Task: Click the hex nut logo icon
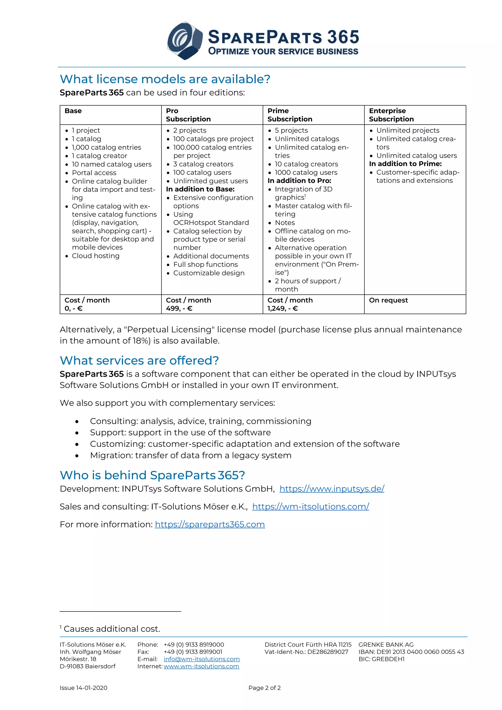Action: (185, 40)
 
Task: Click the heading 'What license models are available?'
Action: (165, 79)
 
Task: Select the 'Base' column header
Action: (73, 111)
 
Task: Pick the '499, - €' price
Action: (179, 308)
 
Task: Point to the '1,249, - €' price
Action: (283, 308)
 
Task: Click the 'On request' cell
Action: (388, 300)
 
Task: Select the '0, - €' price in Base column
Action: (74, 308)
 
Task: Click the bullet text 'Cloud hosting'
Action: (96, 256)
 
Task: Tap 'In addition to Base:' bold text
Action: (200, 189)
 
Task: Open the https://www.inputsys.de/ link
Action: (332, 489)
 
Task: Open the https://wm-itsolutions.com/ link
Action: (311, 507)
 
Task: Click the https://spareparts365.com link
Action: (210, 524)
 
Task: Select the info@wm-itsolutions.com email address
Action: (201, 659)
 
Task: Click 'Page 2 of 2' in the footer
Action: (264, 688)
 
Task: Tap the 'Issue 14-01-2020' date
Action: (83, 688)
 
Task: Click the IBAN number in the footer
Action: (420, 652)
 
